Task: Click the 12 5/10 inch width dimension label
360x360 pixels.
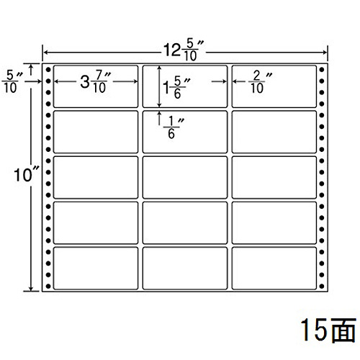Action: pos(184,51)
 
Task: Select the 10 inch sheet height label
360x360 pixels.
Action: pos(26,174)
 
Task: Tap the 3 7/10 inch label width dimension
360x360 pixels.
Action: pos(96,81)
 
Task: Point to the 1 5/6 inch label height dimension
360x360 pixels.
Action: pos(176,87)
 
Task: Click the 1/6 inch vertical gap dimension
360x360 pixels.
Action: pos(174,128)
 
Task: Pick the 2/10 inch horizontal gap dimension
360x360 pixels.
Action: pos(260,82)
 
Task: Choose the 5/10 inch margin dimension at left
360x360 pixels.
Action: pos(12,82)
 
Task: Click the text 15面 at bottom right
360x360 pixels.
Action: pos(328,330)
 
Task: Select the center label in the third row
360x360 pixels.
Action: pos(185,177)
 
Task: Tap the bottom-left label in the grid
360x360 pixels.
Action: pos(96,269)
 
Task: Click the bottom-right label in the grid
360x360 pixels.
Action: pos(274,269)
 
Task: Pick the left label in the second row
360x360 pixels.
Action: pos(96,132)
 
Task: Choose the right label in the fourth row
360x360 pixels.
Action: pos(274,223)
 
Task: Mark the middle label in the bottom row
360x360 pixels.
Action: pos(185,269)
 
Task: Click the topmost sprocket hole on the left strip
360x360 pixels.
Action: pos(48,70)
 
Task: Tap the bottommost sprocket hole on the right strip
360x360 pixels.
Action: pos(322,286)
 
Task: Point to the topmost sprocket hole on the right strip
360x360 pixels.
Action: pos(322,70)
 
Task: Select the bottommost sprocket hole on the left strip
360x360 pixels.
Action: pos(48,286)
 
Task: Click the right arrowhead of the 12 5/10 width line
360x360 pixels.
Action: pos(325,52)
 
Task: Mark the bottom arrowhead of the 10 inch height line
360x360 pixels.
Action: pos(31,288)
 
